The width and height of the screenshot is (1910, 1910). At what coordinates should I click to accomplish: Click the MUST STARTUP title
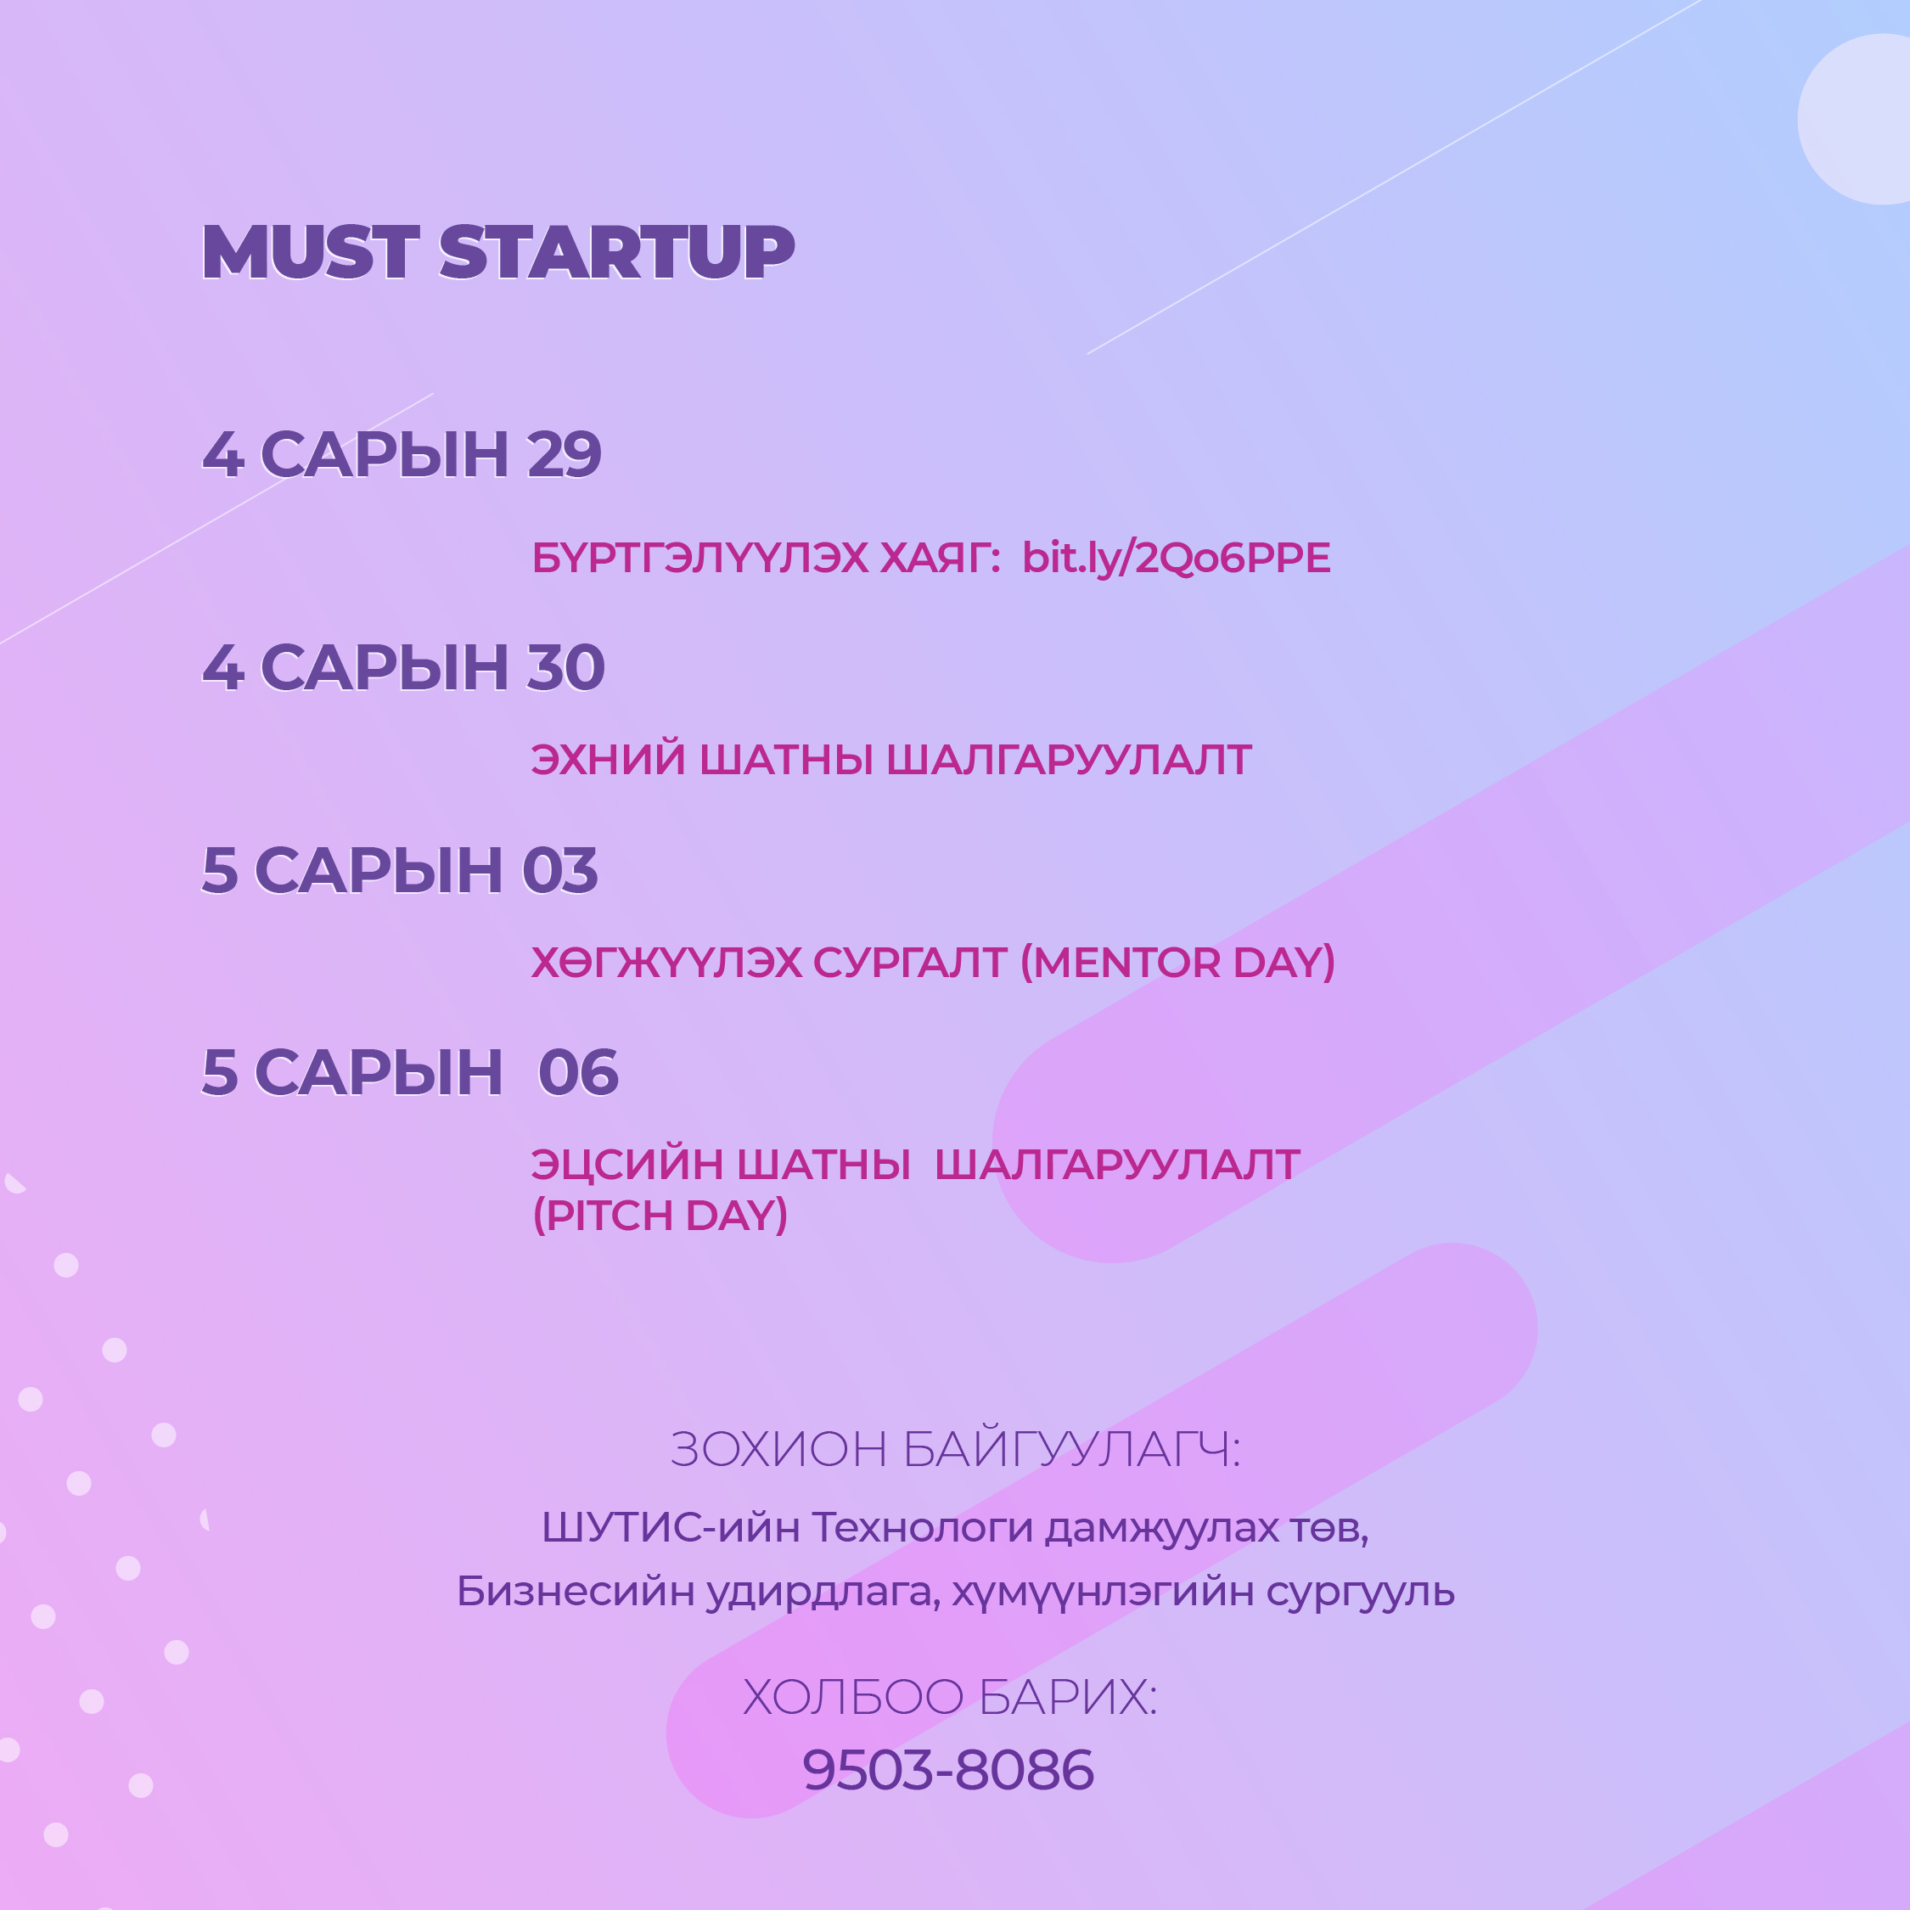(497, 251)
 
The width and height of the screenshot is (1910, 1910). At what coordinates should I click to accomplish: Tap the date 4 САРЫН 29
(402, 455)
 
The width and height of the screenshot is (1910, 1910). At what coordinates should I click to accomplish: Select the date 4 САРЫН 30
(403, 667)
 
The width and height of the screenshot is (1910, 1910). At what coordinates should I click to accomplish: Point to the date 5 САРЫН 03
(399, 870)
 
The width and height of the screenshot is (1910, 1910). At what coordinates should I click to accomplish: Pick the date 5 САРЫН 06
(410, 1073)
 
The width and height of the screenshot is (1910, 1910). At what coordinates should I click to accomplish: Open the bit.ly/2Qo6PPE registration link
(1176, 559)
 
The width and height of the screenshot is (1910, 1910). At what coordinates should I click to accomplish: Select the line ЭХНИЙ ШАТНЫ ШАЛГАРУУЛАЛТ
(890, 761)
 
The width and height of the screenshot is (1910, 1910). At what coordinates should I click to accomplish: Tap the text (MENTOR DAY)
(1177, 962)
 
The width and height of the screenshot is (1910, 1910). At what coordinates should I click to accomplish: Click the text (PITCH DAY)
(660, 1215)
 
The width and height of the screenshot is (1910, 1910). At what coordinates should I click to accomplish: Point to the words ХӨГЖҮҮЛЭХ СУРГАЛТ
(768, 963)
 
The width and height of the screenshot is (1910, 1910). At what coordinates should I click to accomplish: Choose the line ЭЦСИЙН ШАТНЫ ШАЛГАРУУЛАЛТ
(914, 1165)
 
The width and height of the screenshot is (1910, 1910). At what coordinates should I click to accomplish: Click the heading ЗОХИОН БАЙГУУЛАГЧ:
(955, 1450)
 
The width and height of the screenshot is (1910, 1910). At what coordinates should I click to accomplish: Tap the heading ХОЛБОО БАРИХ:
(950, 1698)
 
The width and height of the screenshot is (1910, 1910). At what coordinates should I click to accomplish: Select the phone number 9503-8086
(948, 1771)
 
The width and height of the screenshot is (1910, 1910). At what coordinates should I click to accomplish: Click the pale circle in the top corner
(1856, 119)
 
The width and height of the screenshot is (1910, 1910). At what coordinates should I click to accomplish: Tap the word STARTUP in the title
(616, 251)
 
